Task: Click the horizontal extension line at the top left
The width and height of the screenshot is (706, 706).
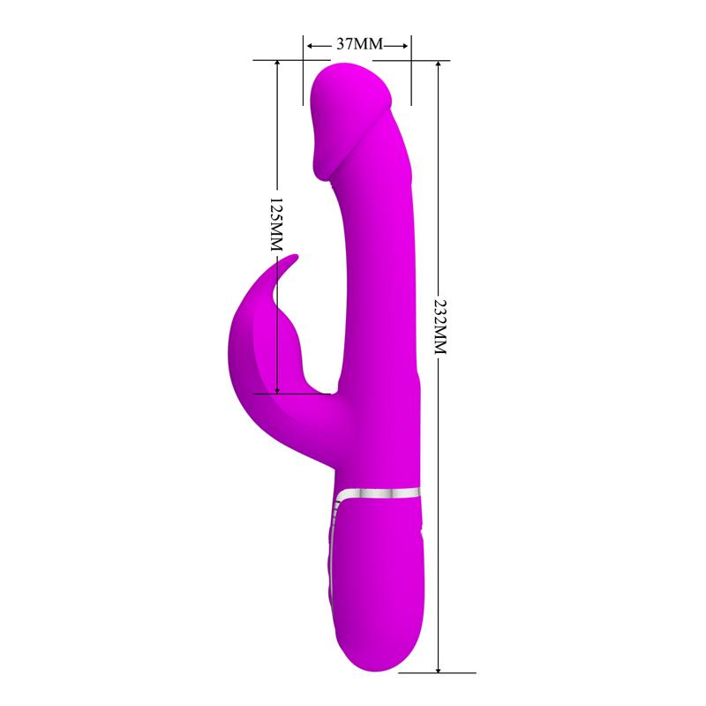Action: point(278,60)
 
